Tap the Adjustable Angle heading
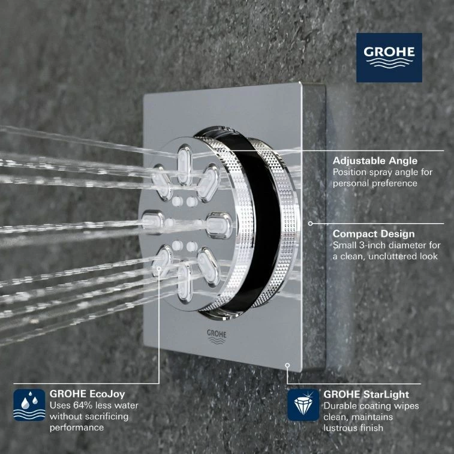375,161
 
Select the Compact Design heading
374,234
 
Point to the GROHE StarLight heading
366,394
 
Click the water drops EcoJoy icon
29,405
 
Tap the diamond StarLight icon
303,405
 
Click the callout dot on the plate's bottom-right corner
288,363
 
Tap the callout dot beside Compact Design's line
310,223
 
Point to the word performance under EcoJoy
77,428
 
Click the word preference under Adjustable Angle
392,183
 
